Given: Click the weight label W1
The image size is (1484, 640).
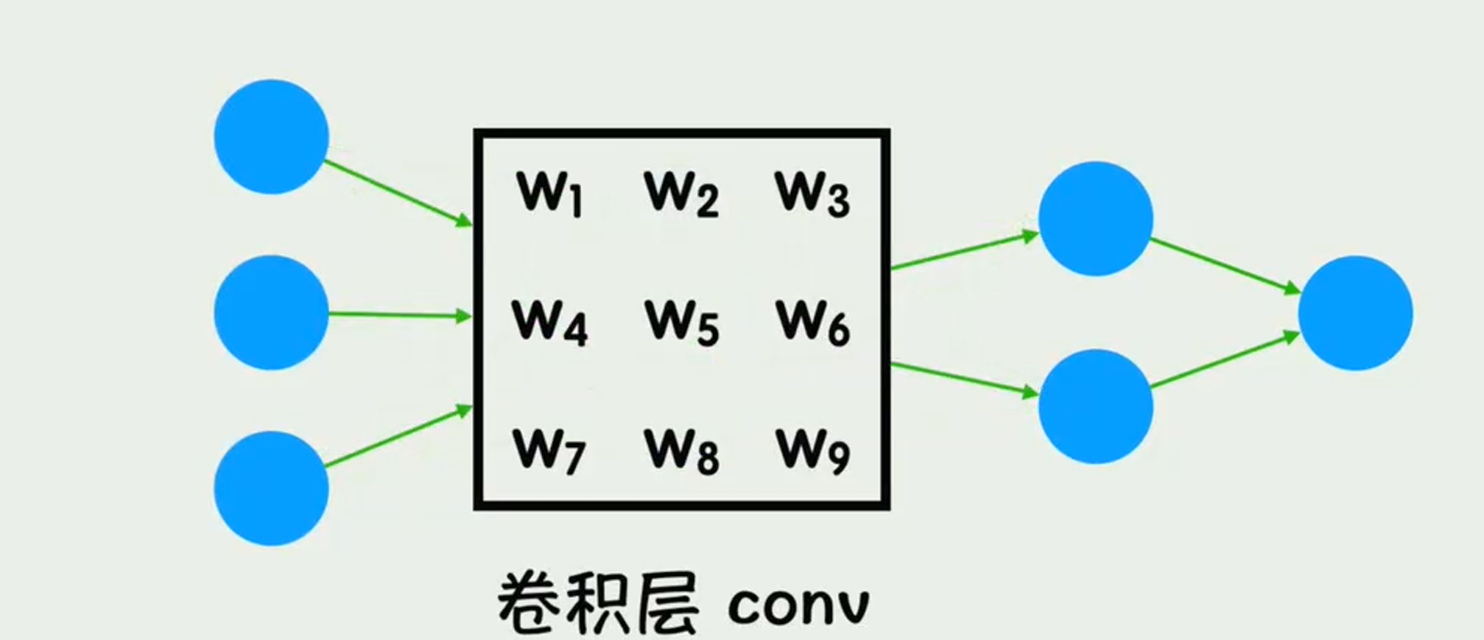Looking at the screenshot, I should point(550,194).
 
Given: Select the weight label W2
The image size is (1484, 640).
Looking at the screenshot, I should point(681,194).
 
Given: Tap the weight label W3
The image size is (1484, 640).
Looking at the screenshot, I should point(812,194).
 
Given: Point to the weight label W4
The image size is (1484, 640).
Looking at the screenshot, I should point(550,323).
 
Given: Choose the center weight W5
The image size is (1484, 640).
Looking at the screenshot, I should point(681,323).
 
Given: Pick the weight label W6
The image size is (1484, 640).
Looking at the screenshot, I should point(812,323).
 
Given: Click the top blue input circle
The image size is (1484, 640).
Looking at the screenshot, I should point(271,137).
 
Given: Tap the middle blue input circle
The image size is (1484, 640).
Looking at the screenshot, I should point(271,313).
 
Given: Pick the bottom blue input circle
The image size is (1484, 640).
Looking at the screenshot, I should point(271,488).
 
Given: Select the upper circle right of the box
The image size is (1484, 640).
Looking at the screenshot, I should point(1095,219).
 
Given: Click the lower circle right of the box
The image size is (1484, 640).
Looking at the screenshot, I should point(1095,407).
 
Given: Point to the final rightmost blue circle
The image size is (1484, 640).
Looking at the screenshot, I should point(1355,313).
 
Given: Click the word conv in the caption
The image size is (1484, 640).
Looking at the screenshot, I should point(798,605).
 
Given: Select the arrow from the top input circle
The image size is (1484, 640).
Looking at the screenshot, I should point(398,191).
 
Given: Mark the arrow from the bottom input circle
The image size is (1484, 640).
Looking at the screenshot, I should point(398,436).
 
